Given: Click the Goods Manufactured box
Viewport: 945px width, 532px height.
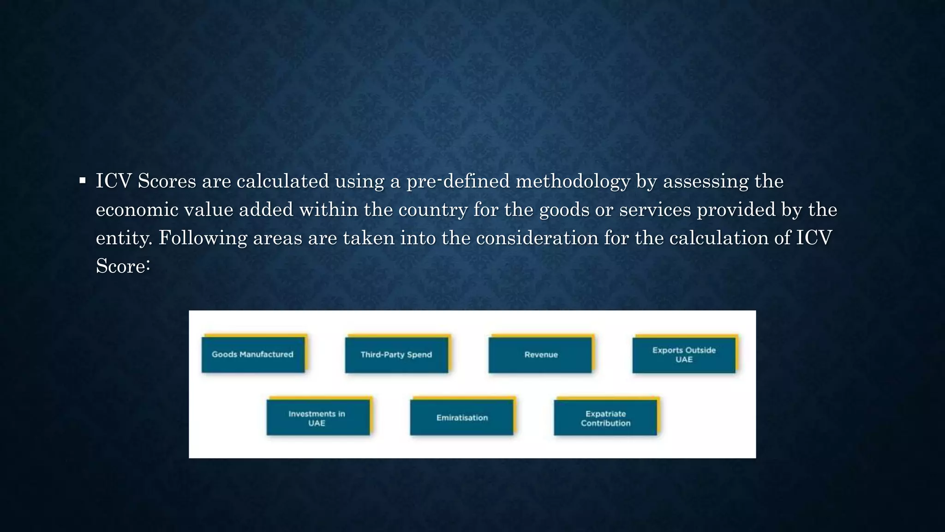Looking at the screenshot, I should pos(253,355).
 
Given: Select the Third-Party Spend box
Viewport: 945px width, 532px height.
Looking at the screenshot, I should pos(396,355).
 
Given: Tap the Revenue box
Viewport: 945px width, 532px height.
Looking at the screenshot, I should pos(540,355).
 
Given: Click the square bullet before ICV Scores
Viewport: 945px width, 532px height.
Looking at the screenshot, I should pos(83,181).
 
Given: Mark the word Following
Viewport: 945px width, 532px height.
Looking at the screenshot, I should pos(203,238).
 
